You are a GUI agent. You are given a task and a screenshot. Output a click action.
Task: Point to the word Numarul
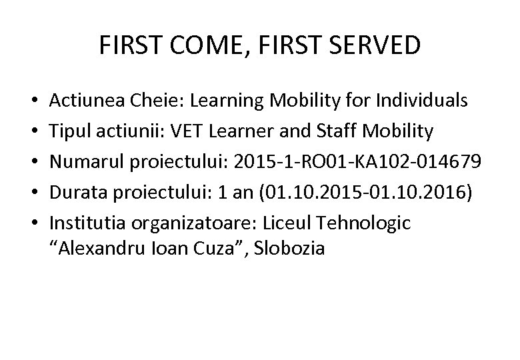pos(83,162)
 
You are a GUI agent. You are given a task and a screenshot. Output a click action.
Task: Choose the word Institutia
pos(83,223)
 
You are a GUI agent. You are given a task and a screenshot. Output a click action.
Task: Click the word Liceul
pos(295,223)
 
